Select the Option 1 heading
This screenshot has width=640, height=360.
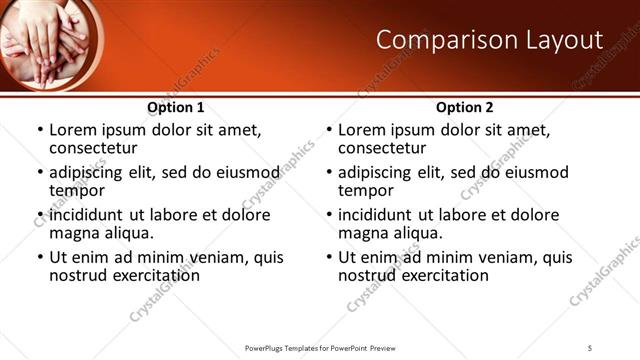(x=176, y=107)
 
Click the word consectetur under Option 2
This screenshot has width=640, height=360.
(x=382, y=149)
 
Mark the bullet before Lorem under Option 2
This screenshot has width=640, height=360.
(x=328, y=131)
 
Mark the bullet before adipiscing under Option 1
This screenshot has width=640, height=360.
(x=39, y=173)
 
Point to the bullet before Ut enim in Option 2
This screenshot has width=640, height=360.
(x=328, y=257)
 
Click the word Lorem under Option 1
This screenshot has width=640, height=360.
(x=72, y=130)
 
